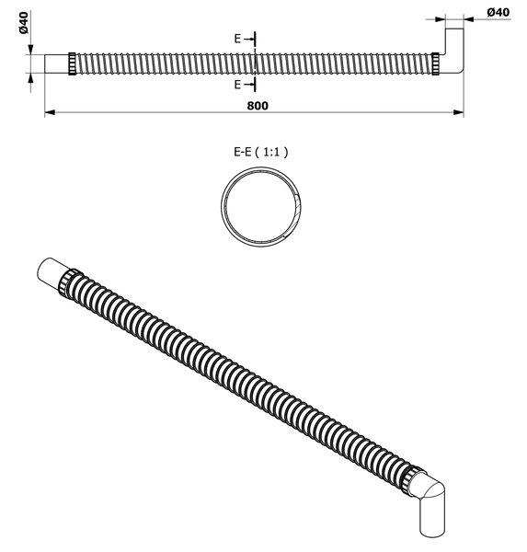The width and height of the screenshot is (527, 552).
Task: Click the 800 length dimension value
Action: click(258, 106)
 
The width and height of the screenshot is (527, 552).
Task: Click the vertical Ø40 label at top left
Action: click(24, 22)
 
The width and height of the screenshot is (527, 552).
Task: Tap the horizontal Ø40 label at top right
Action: click(498, 12)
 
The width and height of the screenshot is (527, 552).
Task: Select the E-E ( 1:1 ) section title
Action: click(261, 152)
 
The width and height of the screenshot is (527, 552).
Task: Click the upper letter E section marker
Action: click(237, 39)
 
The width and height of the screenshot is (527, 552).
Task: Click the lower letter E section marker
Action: click(237, 85)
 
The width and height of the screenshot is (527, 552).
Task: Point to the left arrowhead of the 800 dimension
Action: click(50, 112)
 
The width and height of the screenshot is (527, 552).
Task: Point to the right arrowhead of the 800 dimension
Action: click(458, 112)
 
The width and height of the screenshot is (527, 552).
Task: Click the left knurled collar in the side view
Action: click(72, 63)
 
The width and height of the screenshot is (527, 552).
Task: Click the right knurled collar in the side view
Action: click(435, 63)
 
